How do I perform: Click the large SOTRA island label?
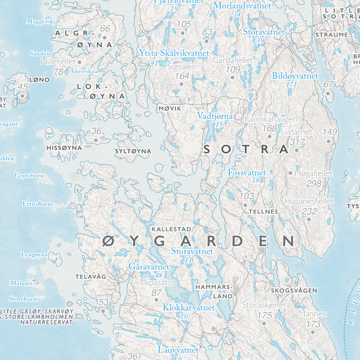(246, 149)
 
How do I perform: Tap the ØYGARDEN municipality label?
(198, 241)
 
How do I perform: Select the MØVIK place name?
(170, 109)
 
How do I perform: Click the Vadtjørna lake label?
(215, 116)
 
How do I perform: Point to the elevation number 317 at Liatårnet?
(298, 142)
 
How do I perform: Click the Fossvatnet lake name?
(247, 172)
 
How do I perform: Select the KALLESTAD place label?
(171, 229)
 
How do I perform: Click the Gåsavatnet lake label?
(149, 266)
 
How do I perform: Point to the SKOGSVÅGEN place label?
(294, 291)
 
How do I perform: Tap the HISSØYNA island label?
(63, 148)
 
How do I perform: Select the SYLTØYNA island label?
(133, 151)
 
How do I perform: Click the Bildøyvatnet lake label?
(295, 76)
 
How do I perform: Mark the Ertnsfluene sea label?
(38, 204)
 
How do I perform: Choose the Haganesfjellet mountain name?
(309, 201)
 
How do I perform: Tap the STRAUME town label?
(331, 35)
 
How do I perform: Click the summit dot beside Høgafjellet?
(290, 173)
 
